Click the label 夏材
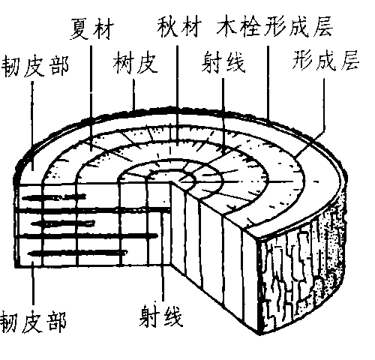click(91, 28)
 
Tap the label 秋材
click(179, 26)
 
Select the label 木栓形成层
click(274, 26)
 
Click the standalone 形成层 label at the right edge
click(325, 60)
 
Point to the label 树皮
click(135, 63)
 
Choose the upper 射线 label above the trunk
click(223, 62)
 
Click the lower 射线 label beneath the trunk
click(161, 316)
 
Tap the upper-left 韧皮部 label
click(35, 66)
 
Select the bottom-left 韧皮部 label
click(33, 322)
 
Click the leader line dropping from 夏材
click(91, 98)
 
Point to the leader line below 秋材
click(177, 95)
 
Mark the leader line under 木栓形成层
click(268, 83)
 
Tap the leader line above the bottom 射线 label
click(163, 256)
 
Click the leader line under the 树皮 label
click(134, 94)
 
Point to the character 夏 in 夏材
click(80, 28)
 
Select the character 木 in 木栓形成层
click(226, 27)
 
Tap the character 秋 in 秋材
click(168, 26)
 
